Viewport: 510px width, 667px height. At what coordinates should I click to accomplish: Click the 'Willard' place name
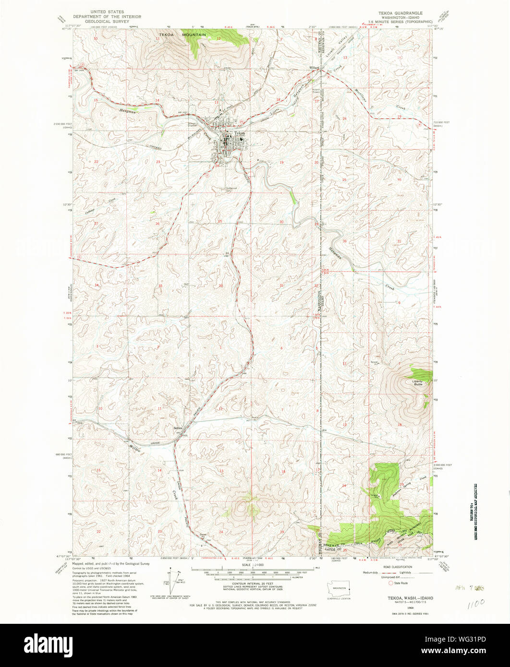pyautogui.click(x=315, y=67)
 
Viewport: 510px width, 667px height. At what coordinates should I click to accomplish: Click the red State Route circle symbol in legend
pyautogui.click(x=391, y=583)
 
